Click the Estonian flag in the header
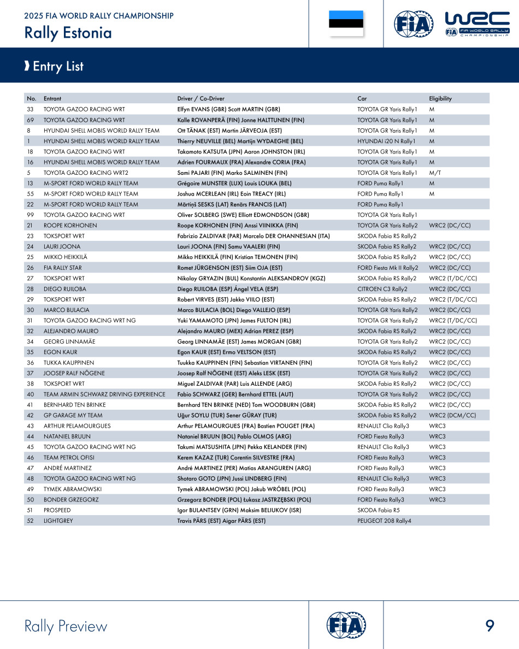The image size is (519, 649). pyautogui.click(x=346, y=23)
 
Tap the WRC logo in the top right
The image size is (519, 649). pyautogui.click(x=477, y=24)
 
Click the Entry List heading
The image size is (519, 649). pyautogui.click(x=58, y=67)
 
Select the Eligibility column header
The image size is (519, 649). pyautogui.click(x=440, y=99)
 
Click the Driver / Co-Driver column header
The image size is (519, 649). pyautogui.click(x=200, y=99)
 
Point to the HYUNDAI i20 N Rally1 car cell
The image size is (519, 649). pyautogui.click(x=386, y=141)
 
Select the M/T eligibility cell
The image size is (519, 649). pyautogui.click(x=435, y=173)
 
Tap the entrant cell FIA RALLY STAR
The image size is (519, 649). pyautogui.click(x=63, y=268)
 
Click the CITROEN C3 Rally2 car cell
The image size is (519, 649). pyautogui.click(x=382, y=289)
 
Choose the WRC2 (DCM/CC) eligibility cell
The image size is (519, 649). pyautogui.click(x=452, y=415)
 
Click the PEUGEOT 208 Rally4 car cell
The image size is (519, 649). pyautogui.click(x=384, y=521)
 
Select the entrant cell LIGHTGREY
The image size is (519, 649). pyautogui.click(x=58, y=521)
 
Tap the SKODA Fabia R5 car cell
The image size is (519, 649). pyautogui.click(x=379, y=510)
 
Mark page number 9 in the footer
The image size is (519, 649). pyautogui.click(x=489, y=626)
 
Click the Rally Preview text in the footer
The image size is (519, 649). pyautogui.click(x=66, y=626)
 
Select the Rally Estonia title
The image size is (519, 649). pyautogui.click(x=68, y=33)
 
